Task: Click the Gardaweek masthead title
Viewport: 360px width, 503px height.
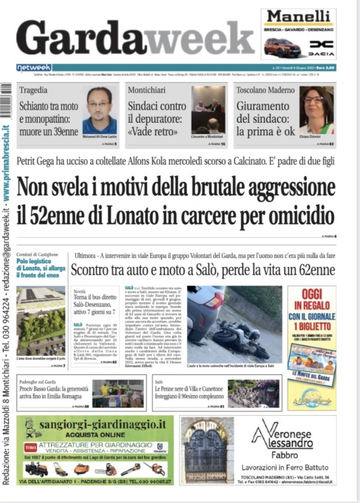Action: point(135,38)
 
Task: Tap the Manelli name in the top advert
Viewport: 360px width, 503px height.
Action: point(298,17)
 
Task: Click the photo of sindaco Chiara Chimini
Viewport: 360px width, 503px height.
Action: point(316,109)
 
